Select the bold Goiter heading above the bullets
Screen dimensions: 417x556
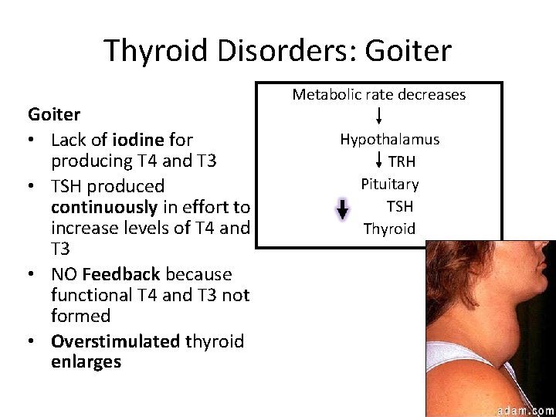(54, 115)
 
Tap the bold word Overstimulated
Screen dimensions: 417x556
(115, 341)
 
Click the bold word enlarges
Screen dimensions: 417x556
(86, 362)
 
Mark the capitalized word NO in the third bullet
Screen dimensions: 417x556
(64, 274)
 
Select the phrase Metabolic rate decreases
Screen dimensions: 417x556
(378, 94)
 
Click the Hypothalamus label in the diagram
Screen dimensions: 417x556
(389, 139)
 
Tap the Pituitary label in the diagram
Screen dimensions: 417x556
(389, 184)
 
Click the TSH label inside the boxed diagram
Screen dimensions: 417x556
(399, 206)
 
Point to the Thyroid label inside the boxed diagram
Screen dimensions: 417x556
(389, 229)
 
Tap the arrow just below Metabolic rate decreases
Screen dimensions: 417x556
(379, 117)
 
